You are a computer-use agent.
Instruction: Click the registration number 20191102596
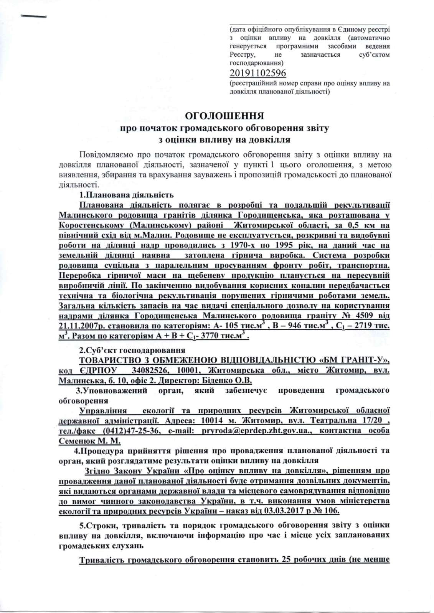pyautogui.click(x=257, y=72)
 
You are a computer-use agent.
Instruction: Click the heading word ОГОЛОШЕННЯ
pyautogui.click(x=224, y=116)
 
